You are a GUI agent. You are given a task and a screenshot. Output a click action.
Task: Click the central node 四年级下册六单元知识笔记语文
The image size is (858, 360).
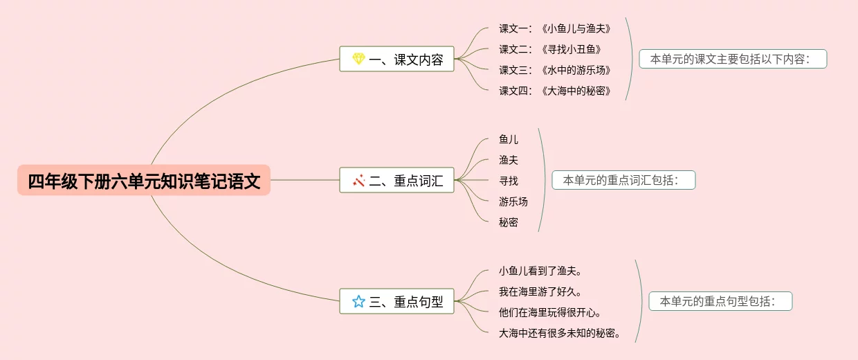pos(144,181)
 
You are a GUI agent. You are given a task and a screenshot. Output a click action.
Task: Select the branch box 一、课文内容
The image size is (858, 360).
pos(396,59)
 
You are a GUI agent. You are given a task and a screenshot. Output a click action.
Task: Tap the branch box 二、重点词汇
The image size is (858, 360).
pos(396,181)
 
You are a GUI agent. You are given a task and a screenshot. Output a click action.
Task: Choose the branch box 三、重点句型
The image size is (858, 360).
pos(396,301)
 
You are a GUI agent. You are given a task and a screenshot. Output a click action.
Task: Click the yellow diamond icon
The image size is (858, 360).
pos(358,59)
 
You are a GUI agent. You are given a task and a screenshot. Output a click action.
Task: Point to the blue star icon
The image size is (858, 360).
pos(358,301)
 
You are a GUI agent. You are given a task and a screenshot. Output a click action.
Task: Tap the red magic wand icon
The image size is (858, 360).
pos(358,181)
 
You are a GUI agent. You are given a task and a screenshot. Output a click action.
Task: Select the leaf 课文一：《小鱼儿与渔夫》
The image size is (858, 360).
pos(555,28)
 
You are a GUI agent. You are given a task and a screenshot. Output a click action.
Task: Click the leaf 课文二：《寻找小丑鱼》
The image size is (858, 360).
pos(550,49)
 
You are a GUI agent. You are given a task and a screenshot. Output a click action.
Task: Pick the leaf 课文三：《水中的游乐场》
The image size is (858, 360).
pos(555,70)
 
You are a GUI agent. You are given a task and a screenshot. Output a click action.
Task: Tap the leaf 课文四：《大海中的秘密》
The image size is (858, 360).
pos(555,91)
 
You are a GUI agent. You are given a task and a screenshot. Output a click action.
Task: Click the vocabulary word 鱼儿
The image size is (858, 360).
pos(509,139)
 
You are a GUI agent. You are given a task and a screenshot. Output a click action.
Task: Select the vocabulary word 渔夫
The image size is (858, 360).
pos(509,160)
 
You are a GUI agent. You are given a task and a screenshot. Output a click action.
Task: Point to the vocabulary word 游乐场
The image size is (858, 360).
pos(513,201)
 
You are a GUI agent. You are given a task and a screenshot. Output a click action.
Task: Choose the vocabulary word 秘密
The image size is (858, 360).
pos(509,222)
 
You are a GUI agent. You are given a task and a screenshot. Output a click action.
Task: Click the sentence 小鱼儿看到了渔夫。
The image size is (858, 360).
pos(540,271)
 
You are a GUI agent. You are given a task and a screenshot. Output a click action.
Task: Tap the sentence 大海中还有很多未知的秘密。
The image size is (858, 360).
pos(560,333)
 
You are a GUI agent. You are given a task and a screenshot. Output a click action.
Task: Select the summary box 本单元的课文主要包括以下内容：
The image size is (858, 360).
pos(733,59)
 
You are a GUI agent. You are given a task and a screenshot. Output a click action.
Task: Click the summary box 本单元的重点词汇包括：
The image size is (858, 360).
pos(623,180)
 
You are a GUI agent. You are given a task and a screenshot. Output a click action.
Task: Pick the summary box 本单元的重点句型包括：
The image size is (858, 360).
pos(720,301)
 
